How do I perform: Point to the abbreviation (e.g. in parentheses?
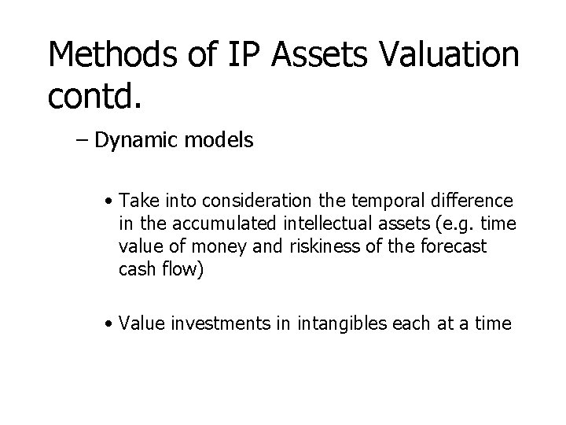pos(456,225)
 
